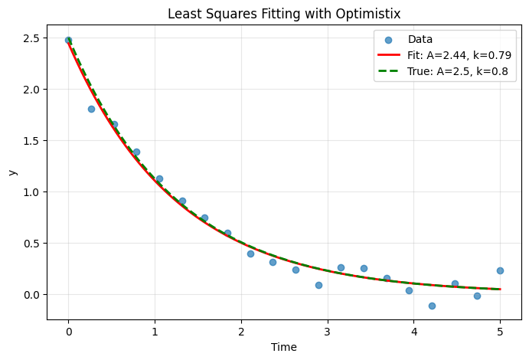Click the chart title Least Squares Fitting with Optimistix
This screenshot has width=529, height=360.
click(284, 15)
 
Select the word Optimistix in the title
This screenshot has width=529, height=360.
click(367, 15)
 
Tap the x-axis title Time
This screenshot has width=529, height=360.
click(284, 347)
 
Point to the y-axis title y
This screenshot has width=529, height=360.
click(12, 172)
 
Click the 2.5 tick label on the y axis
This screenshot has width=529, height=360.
click(31, 38)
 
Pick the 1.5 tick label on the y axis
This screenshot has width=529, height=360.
click(31, 141)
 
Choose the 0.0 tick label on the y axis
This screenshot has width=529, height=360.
click(31, 295)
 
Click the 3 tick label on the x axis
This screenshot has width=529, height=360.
click(327, 332)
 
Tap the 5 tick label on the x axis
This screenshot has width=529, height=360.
click(500, 332)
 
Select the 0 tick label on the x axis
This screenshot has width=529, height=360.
click(68, 332)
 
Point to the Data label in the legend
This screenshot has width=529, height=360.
click(420, 39)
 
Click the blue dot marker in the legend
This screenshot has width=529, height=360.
click(388, 40)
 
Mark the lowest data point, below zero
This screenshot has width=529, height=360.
click(432, 306)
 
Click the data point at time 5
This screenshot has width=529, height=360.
click(500, 270)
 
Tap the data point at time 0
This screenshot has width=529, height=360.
click(68, 40)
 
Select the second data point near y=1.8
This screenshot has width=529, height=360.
click(91, 109)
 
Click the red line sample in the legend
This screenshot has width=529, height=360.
click(389, 54)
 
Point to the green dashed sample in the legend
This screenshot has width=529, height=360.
click(389, 71)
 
